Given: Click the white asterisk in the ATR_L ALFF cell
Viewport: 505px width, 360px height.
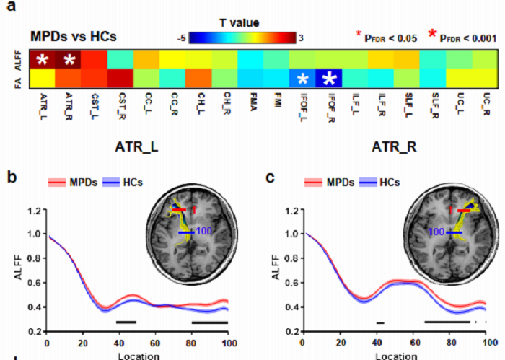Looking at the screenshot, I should (x=43, y=59).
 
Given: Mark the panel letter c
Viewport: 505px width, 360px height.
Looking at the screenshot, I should (x=270, y=175).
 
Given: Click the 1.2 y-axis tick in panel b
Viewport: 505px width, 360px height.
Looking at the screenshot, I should (x=32, y=211).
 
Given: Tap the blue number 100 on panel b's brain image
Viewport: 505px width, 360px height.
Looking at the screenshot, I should (x=204, y=232).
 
